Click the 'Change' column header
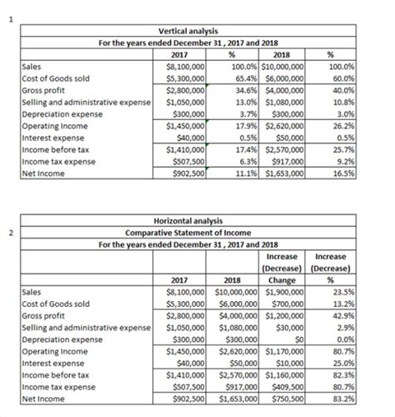coord(286,281)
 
